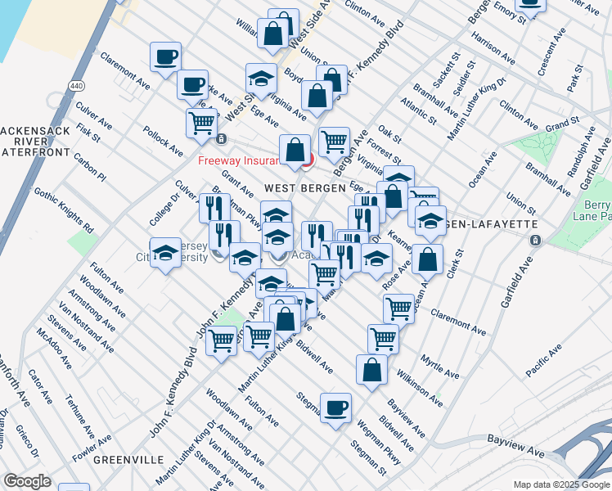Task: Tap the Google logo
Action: click(27, 481)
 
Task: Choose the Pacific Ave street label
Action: click(544, 360)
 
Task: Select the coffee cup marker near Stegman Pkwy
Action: click(335, 408)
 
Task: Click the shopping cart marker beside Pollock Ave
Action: click(200, 124)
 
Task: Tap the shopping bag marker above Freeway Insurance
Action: click(295, 151)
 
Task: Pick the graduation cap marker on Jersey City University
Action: click(165, 252)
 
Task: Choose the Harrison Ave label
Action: click(493, 49)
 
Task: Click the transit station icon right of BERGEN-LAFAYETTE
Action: click(535, 241)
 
